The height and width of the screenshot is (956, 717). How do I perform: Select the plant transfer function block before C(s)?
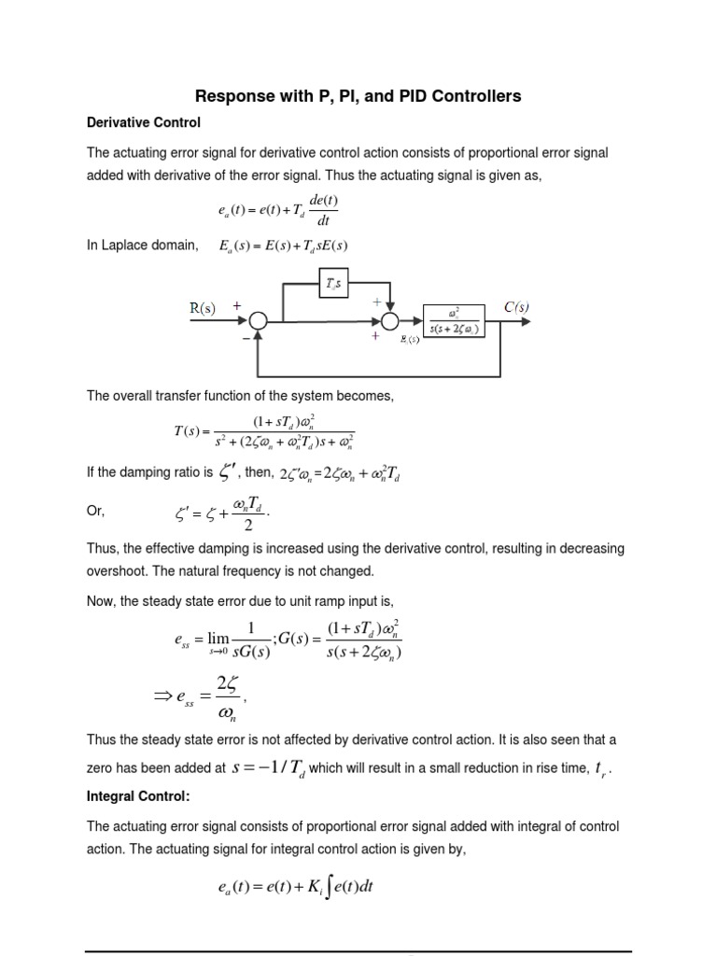pos(453,320)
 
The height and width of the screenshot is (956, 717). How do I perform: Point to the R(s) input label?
pos(202,309)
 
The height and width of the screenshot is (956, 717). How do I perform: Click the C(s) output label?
pos(517,306)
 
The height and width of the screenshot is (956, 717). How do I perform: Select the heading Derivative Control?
pos(144,122)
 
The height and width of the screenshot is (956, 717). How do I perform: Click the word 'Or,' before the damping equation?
pos(96,512)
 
